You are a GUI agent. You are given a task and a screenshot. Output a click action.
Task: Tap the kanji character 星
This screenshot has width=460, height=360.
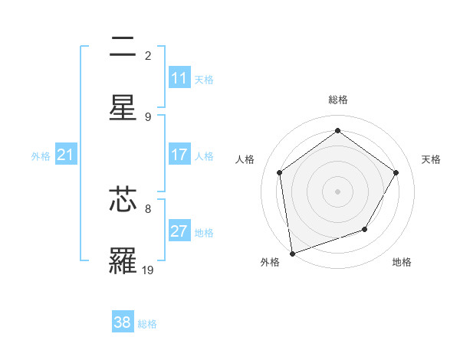(123, 108)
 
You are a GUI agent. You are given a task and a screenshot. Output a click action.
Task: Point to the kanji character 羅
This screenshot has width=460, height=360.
(123, 260)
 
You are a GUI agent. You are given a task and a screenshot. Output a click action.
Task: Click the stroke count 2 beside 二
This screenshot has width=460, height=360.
(148, 55)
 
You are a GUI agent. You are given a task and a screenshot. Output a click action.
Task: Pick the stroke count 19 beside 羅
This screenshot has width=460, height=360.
(148, 269)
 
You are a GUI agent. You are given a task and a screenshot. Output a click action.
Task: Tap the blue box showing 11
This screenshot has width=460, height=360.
(179, 78)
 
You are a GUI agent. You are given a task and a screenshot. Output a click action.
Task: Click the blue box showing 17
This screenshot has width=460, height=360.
(179, 155)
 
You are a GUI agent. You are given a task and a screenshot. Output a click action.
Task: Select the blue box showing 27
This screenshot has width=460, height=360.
(179, 231)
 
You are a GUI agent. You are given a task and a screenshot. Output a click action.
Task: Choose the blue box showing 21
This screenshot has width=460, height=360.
(66, 155)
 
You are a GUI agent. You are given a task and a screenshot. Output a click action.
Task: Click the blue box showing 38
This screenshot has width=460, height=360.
(123, 322)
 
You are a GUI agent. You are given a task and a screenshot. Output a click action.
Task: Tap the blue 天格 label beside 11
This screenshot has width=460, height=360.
(204, 79)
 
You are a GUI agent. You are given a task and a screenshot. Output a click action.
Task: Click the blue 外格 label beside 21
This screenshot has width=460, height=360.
(41, 156)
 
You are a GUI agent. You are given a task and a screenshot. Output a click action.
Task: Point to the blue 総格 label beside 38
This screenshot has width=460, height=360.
(147, 323)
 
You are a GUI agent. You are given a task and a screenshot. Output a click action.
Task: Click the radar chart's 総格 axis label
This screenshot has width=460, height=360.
(338, 100)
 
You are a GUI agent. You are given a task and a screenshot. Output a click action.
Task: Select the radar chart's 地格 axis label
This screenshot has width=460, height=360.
(402, 262)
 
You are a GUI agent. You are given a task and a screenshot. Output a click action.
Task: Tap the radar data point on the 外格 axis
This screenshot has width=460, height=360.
(292, 253)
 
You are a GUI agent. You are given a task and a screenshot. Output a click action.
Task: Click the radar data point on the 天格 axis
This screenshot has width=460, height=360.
(396, 172)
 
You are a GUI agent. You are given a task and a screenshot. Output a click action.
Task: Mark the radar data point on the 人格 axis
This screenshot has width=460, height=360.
(280, 172)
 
